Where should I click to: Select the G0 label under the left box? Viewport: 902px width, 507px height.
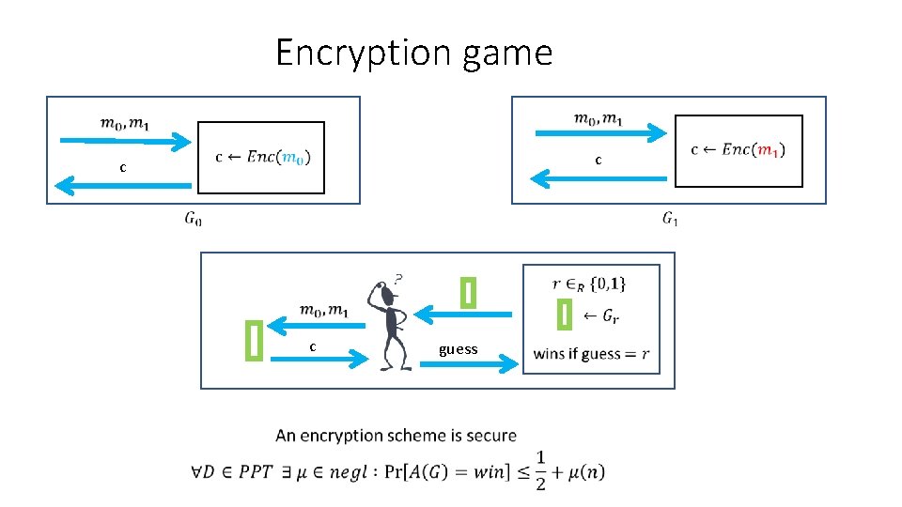click(x=193, y=220)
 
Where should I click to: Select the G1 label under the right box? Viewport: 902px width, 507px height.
click(x=670, y=220)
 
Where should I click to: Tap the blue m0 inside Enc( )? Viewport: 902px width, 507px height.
click(x=293, y=157)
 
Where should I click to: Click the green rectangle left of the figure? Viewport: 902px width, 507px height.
click(x=254, y=340)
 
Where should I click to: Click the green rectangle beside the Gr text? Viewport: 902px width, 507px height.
click(x=564, y=314)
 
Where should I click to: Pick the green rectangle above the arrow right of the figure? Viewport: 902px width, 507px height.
click(x=468, y=292)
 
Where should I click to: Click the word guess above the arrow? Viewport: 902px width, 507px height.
click(x=458, y=349)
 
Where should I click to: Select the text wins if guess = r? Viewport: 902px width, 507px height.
click(x=591, y=354)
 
